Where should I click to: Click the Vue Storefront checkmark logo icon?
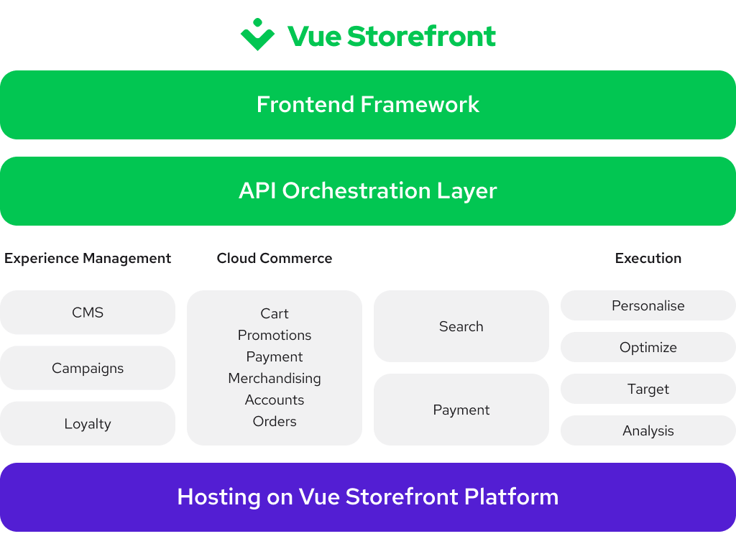(257, 34)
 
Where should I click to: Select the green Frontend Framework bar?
(368, 105)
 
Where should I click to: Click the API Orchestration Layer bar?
(368, 191)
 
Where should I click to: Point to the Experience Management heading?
(88, 259)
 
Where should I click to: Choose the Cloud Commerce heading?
(275, 259)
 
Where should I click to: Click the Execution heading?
(648, 259)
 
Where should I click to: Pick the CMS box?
(88, 313)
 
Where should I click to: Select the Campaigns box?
(88, 368)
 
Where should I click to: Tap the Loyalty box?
(88, 423)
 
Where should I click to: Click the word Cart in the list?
(275, 314)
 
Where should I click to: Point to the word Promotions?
(275, 336)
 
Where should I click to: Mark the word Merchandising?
(275, 379)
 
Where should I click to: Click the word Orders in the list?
(275, 422)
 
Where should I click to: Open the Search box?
(461, 326)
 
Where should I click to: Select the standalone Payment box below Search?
(461, 410)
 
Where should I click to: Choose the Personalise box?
(648, 305)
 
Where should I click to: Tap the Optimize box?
(648, 347)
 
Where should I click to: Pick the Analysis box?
(648, 430)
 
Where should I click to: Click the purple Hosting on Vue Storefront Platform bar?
(368, 497)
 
